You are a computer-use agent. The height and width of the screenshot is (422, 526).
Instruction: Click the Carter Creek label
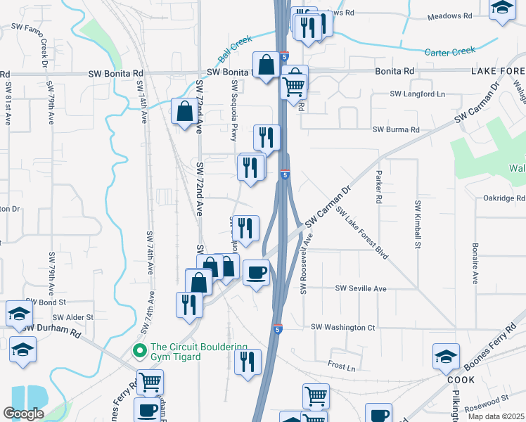(x=450, y=51)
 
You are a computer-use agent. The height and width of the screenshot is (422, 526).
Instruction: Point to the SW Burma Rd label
(x=395, y=129)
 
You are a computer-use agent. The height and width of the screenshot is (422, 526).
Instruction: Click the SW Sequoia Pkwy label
(x=234, y=111)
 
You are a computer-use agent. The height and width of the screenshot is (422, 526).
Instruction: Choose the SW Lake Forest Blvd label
(x=362, y=232)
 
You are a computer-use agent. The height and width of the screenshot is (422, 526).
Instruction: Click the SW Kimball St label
(x=418, y=224)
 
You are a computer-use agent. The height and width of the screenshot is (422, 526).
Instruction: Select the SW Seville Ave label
(x=361, y=288)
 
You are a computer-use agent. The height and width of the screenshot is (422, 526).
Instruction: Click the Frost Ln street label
(x=342, y=366)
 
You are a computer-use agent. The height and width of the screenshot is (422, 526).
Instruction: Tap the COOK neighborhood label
(x=461, y=380)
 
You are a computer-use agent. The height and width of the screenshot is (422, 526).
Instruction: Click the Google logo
(x=23, y=414)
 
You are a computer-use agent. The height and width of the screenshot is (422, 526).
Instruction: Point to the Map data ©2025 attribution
(x=496, y=416)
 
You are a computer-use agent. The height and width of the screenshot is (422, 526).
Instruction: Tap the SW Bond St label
(x=47, y=302)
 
